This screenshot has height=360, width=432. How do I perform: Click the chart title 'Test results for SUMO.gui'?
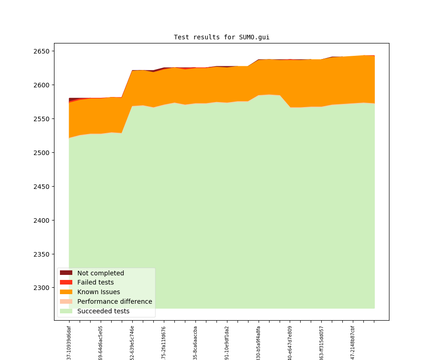pos(221,37)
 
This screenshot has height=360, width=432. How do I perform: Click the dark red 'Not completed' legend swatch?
pos(66,273)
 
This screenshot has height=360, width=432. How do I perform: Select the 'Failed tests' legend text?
pos(95,283)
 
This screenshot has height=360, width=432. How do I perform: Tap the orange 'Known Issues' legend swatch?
pos(66,292)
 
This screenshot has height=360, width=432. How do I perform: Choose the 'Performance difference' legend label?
pos(114,301)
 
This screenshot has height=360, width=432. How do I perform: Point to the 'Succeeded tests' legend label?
pos(103,311)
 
